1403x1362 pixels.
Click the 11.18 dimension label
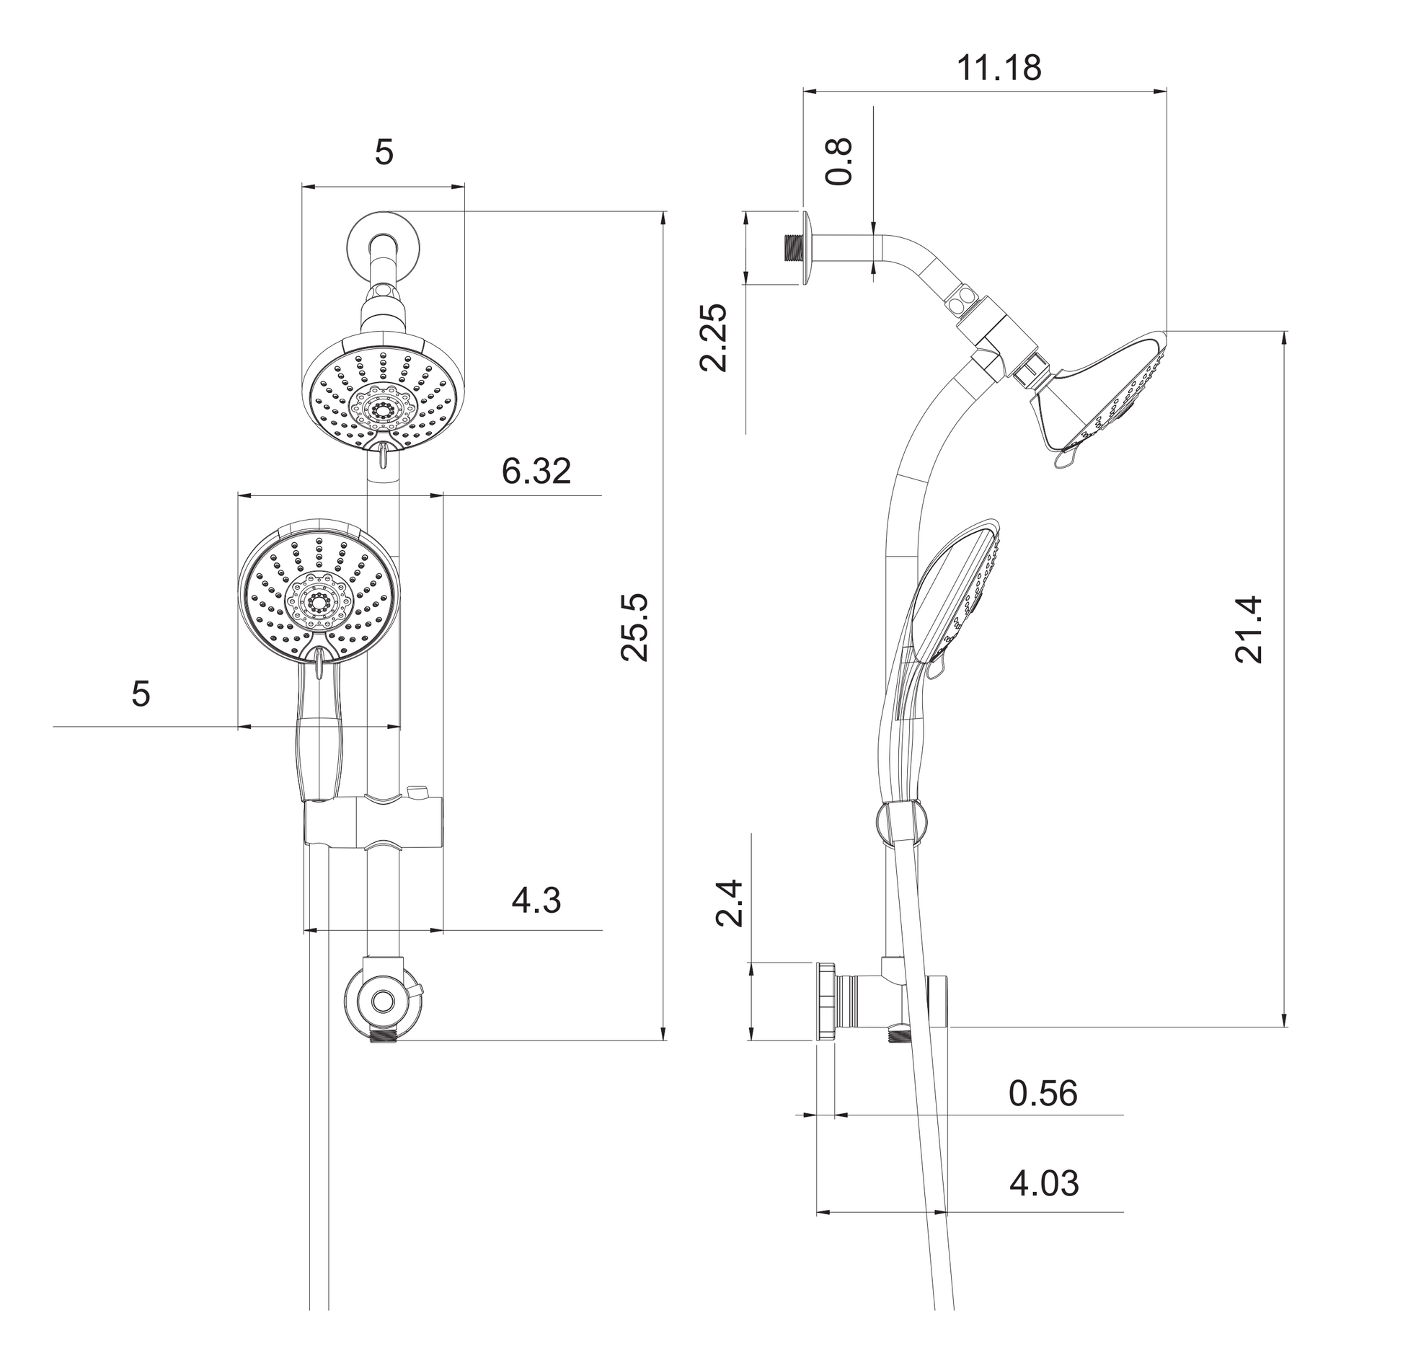pos(999,68)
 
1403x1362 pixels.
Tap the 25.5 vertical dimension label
pos(635,627)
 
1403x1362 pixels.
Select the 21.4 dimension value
pos(1249,629)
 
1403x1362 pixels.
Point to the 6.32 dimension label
pos(536,472)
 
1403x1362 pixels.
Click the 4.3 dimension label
pos(536,901)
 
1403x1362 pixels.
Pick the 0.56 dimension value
pos(1043,1093)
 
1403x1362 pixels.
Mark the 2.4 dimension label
pos(729,903)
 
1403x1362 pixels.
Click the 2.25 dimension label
pos(714,337)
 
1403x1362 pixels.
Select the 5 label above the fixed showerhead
pos(384,153)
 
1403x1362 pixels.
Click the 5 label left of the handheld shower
pos(141,694)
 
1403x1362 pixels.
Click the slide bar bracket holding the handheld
pos(373,821)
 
